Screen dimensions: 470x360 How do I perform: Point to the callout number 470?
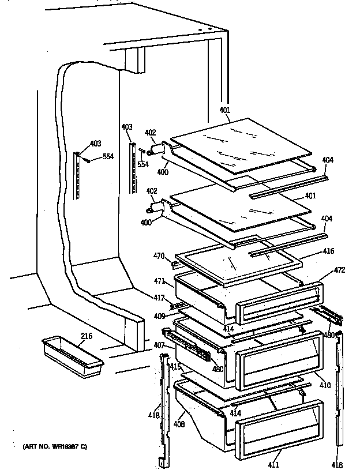159,256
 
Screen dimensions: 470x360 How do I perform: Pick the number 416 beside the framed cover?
328,251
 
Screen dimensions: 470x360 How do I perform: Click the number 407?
159,345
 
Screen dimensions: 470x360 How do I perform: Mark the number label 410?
325,385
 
